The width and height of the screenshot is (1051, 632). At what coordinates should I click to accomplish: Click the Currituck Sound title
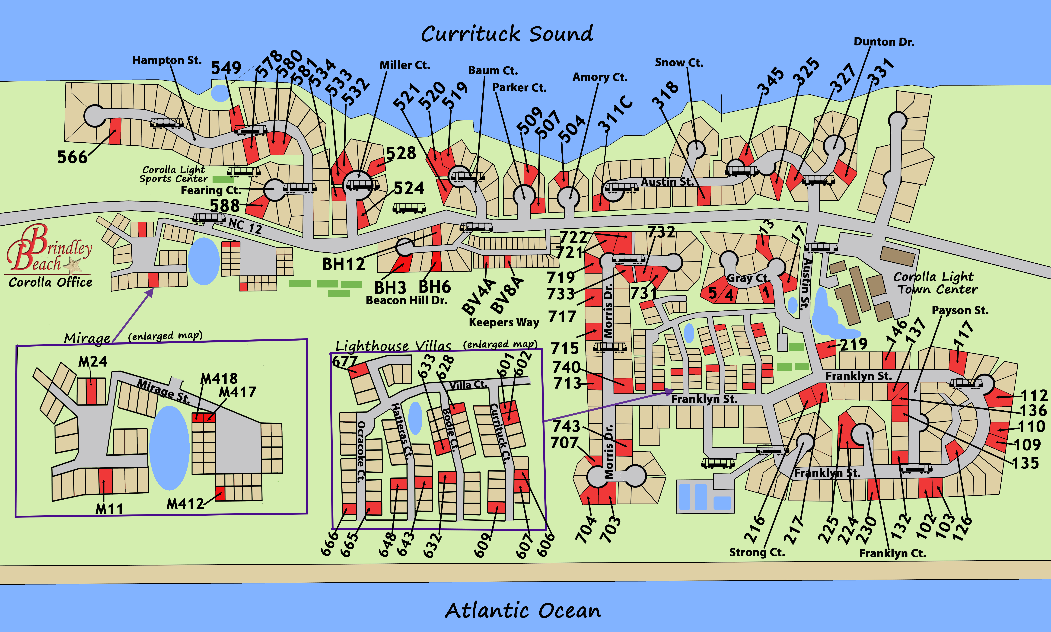click(x=507, y=34)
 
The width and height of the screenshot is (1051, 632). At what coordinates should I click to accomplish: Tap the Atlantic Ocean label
click(x=523, y=610)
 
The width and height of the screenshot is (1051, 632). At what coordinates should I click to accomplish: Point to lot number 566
click(x=72, y=157)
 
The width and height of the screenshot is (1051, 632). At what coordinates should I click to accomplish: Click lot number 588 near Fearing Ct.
click(x=224, y=206)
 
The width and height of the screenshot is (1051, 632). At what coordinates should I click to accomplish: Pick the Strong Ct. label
click(x=757, y=552)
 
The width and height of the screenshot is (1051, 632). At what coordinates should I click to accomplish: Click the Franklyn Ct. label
click(x=892, y=553)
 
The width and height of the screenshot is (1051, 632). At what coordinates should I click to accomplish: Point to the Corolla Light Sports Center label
click(x=174, y=174)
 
